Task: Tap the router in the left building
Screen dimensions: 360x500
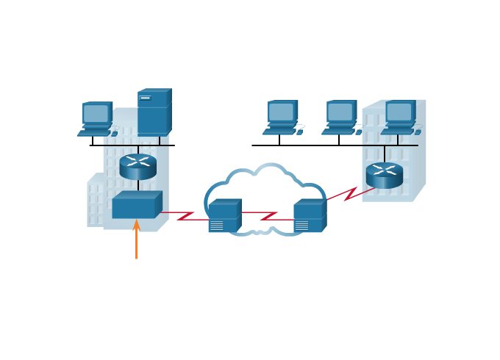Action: click(138, 167)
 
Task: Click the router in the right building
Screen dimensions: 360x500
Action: click(385, 175)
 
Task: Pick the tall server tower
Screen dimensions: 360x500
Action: click(154, 112)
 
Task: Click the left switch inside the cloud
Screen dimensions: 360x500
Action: click(224, 217)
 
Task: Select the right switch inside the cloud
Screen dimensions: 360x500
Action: click(309, 217)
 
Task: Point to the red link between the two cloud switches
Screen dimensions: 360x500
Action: click(267, 215)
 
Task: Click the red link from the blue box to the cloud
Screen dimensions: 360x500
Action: click(184, 215)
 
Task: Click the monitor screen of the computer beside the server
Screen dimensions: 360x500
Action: click(96, 113)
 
